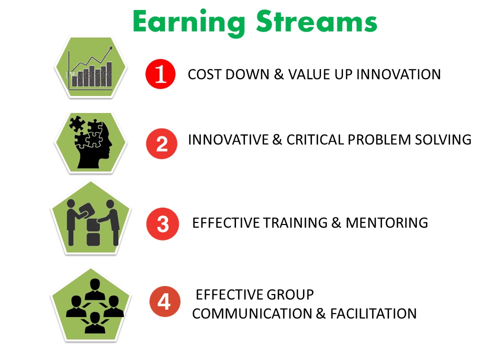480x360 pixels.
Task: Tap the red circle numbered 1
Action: coord(160,74)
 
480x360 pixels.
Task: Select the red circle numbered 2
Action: coord(161,143)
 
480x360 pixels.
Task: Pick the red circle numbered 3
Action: coord(162,224)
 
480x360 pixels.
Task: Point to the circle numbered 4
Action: coord(164,301)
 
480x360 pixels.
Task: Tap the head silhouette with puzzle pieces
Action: coord(91,142)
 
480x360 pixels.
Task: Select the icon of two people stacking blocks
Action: coord(92,222)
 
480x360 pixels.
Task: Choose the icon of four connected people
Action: coord(95,306)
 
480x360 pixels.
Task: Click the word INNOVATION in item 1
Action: coord(398,74)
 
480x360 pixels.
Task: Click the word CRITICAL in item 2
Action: coord(315,139)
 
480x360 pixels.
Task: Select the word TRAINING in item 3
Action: coord(295,222)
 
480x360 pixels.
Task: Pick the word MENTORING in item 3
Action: coord(386,222)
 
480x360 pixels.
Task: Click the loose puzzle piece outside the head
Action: coord(77,123)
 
